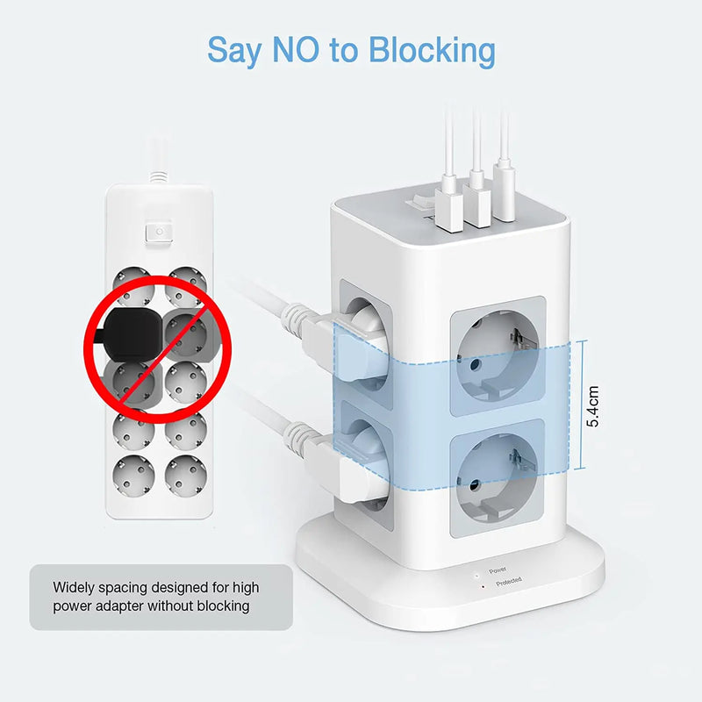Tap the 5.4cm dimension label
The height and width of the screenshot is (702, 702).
click(x=594, y=405)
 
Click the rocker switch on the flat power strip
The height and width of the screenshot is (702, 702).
click(x=159, y=232)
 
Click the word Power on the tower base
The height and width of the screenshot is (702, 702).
click(x=498, y=569)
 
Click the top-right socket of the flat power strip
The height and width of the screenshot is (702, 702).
click(x=186, y=281)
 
